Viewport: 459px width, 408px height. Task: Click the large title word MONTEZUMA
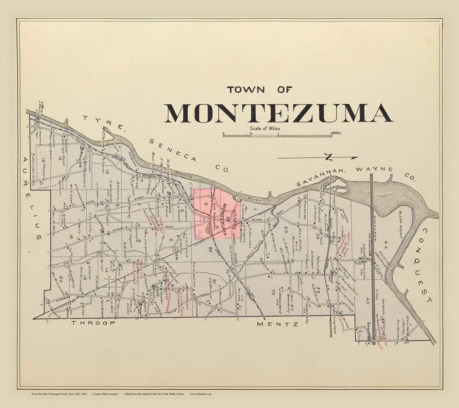[x=278, y=113]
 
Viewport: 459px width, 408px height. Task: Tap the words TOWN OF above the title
[x=259, y=90]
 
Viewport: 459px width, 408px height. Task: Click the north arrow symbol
[x=327, y=157]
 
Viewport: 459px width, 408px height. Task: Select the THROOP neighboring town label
[x=93, y=323]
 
